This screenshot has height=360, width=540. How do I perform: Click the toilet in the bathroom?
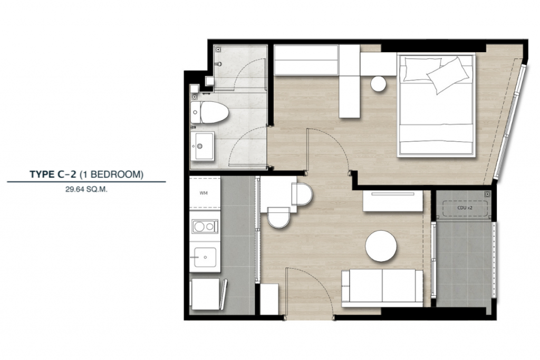pyautogui.click(x=209, y=112)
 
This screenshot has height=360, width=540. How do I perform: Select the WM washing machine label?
pyautogui.click(x=204, y=193)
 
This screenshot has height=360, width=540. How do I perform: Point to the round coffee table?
pyautogui.click(x=381, y=246)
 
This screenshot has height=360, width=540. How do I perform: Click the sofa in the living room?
pyautogui.click(x=382, y=287)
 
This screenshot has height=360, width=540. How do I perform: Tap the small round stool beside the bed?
pyautogui.click(x=379, y=84)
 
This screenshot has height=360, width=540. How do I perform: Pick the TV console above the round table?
pyautogui.click(x=393, y=201)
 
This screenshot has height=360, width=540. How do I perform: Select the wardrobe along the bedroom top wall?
pyautogui.click(x=306, y=60)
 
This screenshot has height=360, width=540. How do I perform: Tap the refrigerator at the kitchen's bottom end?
pyautogui.click(x=205, y=294)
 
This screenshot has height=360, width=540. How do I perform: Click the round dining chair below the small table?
pyautogui.click(x=278, y=218)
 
